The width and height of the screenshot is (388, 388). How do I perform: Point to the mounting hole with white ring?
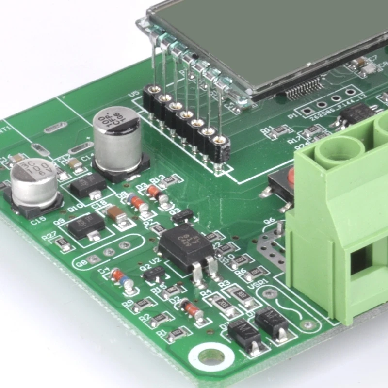(x=211, y=356)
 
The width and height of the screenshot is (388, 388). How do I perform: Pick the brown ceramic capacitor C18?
(x=116, y=213)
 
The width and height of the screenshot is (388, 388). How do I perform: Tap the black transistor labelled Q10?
(x=88, y=185)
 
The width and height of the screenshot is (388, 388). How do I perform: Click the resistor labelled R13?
(x=170, y=181)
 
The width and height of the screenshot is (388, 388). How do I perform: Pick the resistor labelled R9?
(x=143, y=305)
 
